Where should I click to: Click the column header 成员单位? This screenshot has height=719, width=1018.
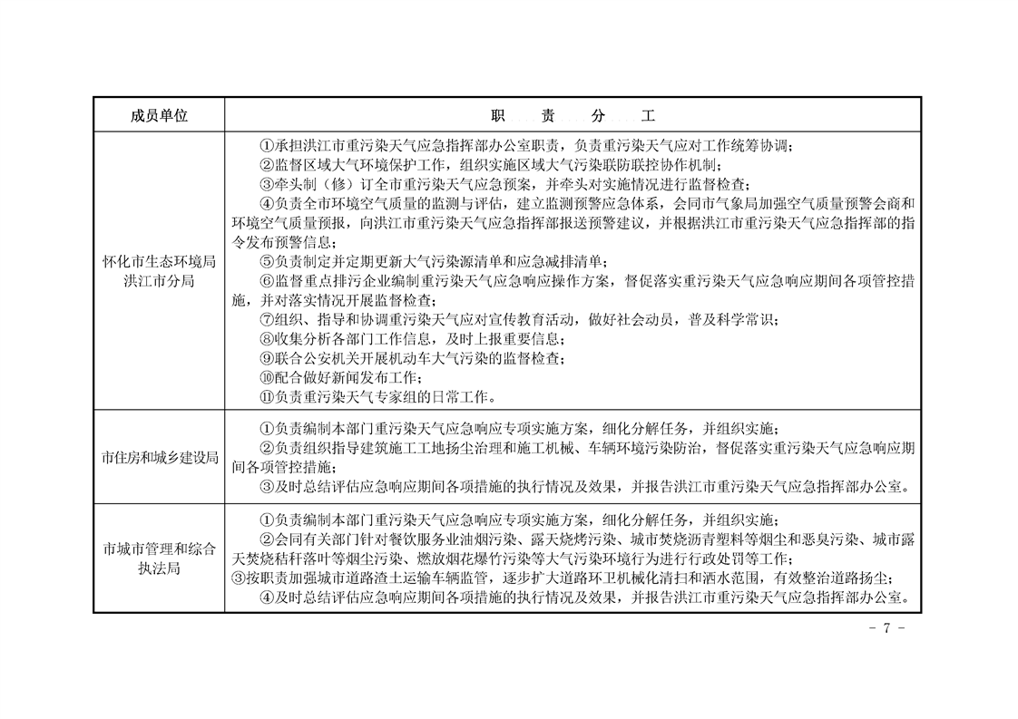(159, 116)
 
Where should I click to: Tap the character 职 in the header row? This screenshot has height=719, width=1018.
(498, 116)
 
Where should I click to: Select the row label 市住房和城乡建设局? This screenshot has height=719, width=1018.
(159, 457)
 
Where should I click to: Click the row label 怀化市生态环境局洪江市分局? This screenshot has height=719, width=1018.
(159, 271)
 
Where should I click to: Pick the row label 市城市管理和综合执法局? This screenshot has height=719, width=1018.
(159, 558)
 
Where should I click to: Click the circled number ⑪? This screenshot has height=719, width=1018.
(266, 396)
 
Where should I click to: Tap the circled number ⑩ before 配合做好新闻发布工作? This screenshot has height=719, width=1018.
(266, 377)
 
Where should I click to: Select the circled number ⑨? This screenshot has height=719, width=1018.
(266, 358)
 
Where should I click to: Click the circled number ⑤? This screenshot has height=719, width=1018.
(266, 262)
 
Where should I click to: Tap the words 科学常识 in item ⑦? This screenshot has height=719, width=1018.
(748, 320)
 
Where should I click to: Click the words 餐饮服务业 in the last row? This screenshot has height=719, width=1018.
(416, 539)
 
